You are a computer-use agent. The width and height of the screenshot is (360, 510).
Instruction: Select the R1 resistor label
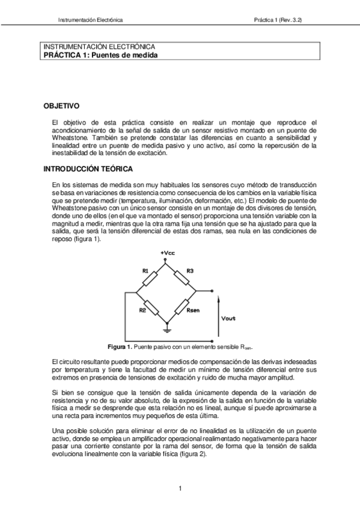click(145, 271)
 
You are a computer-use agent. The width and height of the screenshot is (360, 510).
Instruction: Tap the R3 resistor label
click(189, 271)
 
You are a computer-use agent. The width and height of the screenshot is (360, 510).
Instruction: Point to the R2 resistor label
click(142, 310)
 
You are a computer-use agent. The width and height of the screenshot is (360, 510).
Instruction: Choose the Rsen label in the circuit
click(194, 311)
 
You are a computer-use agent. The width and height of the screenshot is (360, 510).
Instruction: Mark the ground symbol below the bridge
click(168, 330)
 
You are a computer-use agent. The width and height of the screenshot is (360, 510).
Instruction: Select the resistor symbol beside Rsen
click(182, 307)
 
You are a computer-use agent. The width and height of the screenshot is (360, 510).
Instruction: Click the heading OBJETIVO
click(61, 106)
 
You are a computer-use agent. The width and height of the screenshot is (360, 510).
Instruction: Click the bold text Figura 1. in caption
click(119, 348)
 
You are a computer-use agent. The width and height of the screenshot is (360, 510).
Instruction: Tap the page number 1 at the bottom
click(180, 488)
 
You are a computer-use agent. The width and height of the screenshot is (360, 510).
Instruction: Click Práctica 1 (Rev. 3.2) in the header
click(278, 19)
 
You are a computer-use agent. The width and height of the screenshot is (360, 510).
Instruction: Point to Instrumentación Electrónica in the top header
click(90, 19)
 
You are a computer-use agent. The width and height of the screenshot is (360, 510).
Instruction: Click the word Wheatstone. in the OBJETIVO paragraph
click(73, 138)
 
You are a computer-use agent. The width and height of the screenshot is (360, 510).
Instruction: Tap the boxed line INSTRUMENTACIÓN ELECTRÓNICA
click(100, 46)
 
